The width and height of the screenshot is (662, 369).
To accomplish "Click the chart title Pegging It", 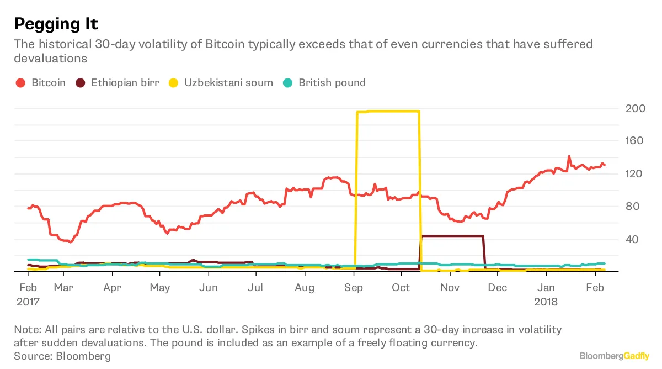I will point(56,24).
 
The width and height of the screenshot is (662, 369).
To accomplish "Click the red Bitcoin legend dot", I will point(20,83).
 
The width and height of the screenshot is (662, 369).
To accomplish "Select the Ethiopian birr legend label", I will point(125,83).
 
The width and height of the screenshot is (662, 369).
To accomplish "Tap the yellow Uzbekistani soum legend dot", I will point(173,83).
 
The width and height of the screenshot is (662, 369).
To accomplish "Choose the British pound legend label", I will point(332,83).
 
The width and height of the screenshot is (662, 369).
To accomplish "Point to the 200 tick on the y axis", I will point(634,108).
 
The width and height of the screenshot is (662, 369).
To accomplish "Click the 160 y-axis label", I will point(634,141).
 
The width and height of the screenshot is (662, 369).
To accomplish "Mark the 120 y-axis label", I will point(634,174).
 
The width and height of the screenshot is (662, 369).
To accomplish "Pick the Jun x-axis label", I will point(208,288).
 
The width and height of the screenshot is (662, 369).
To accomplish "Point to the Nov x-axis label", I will point(450,288).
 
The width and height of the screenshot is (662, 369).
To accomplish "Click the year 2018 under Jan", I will point(546,302).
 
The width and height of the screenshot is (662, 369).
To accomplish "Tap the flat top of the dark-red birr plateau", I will point(452,236).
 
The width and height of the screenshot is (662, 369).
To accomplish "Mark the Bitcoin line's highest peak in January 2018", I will point(569,156).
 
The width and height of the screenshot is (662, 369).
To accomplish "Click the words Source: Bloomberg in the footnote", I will point(62,356).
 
